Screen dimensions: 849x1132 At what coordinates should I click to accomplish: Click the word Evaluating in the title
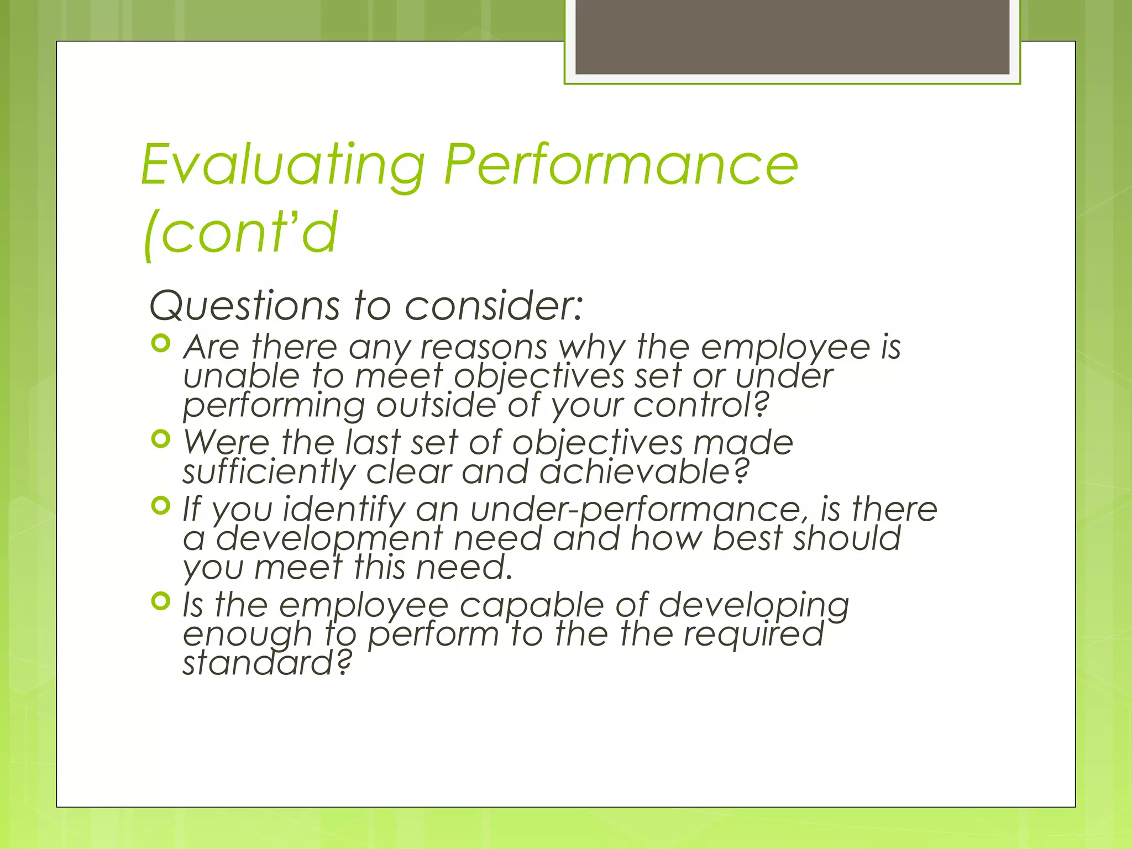pyautogui.click(x=283, y=166)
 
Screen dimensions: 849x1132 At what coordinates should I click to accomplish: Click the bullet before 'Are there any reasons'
pyautogui.click(x=160, y=344)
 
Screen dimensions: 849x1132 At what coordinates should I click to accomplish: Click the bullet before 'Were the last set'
pyautogui.click(x=160, y=439)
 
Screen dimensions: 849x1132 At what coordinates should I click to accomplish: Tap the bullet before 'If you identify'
pyautogui.click(x=160, y=505)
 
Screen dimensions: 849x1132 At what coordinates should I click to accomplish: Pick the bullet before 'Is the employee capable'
pyautogui.click(x=160, y=601)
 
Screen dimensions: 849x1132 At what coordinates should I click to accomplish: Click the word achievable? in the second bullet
pyautogui.click(x=644, y=473)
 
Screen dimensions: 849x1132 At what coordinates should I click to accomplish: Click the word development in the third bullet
pyautogui.click(x=329, y=539)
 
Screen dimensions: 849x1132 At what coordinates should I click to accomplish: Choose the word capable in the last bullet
pyautogui.click(x=531, y=606)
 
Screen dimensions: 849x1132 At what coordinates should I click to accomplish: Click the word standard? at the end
pyautogui.click(x=267, y=663)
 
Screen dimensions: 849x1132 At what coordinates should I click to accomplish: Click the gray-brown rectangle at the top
pyautogui.click(x=792, y=36)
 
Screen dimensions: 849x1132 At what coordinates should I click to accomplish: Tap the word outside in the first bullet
pyautogui.click(x=436, y=406)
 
